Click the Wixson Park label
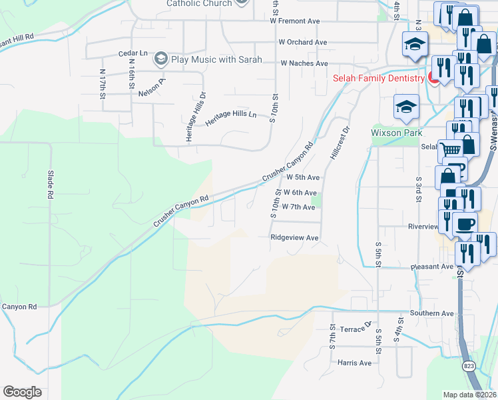396,133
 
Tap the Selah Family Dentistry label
378,78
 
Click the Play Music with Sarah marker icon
160,59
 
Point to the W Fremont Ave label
295,21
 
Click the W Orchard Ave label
303,42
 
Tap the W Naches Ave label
304,63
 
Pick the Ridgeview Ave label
294,237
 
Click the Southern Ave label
431,313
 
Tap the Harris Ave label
354,363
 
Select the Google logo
22,392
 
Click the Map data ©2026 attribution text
469,395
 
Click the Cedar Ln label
132,53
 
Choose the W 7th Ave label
298,207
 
